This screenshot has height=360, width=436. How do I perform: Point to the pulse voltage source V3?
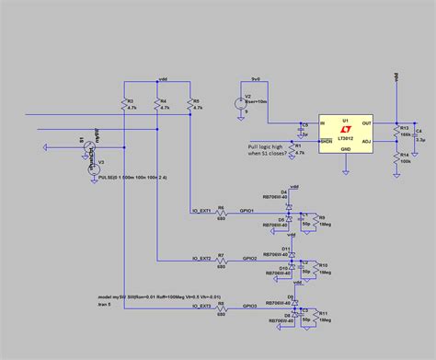pos(91,165)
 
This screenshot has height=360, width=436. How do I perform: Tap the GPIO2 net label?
pos(249,259)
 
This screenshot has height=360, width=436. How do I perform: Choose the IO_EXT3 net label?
pos(201,306)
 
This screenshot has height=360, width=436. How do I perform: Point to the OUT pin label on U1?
pos(365,122)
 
